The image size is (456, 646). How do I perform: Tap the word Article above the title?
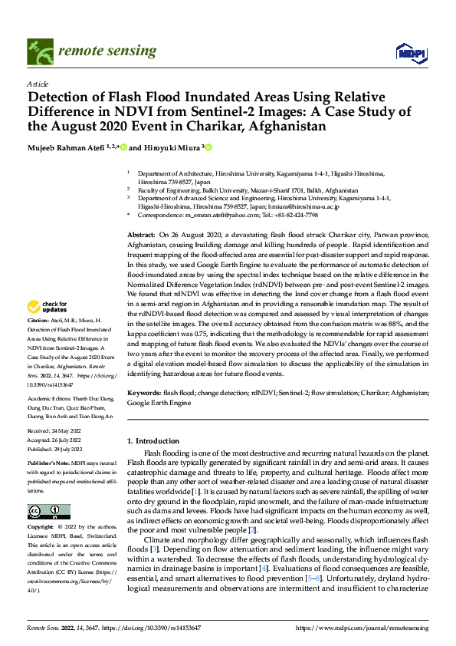38,83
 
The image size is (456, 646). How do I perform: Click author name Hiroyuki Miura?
169,147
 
